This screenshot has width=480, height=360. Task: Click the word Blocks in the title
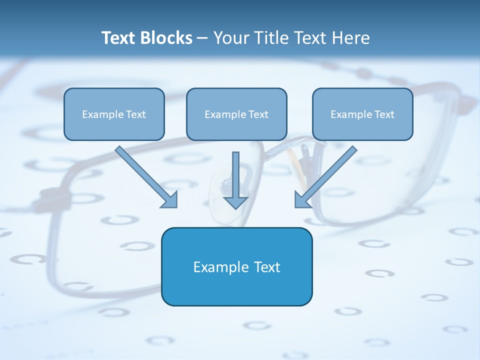click(x=166, y=37)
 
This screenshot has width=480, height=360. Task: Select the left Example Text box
click(x=114, y=114)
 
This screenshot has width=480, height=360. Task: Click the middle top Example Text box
click(x=236, y=114)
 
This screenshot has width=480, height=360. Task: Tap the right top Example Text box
click(x=363, y=114)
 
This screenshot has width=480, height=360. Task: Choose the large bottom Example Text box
click(x=237, y=266)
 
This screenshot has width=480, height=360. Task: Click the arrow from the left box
click(x=146, y=177)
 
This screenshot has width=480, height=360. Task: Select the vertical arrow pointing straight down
click(x=235, y=180)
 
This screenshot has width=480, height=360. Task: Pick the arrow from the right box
click(x=326, y=177)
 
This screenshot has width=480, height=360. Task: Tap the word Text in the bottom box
click(x=267, y=267)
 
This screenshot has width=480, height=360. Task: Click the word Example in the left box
click(x=102, y=114)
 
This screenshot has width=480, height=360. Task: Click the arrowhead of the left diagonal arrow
click(x=170, y=201)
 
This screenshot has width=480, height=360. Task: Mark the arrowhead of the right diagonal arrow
click(x=301, y=201)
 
